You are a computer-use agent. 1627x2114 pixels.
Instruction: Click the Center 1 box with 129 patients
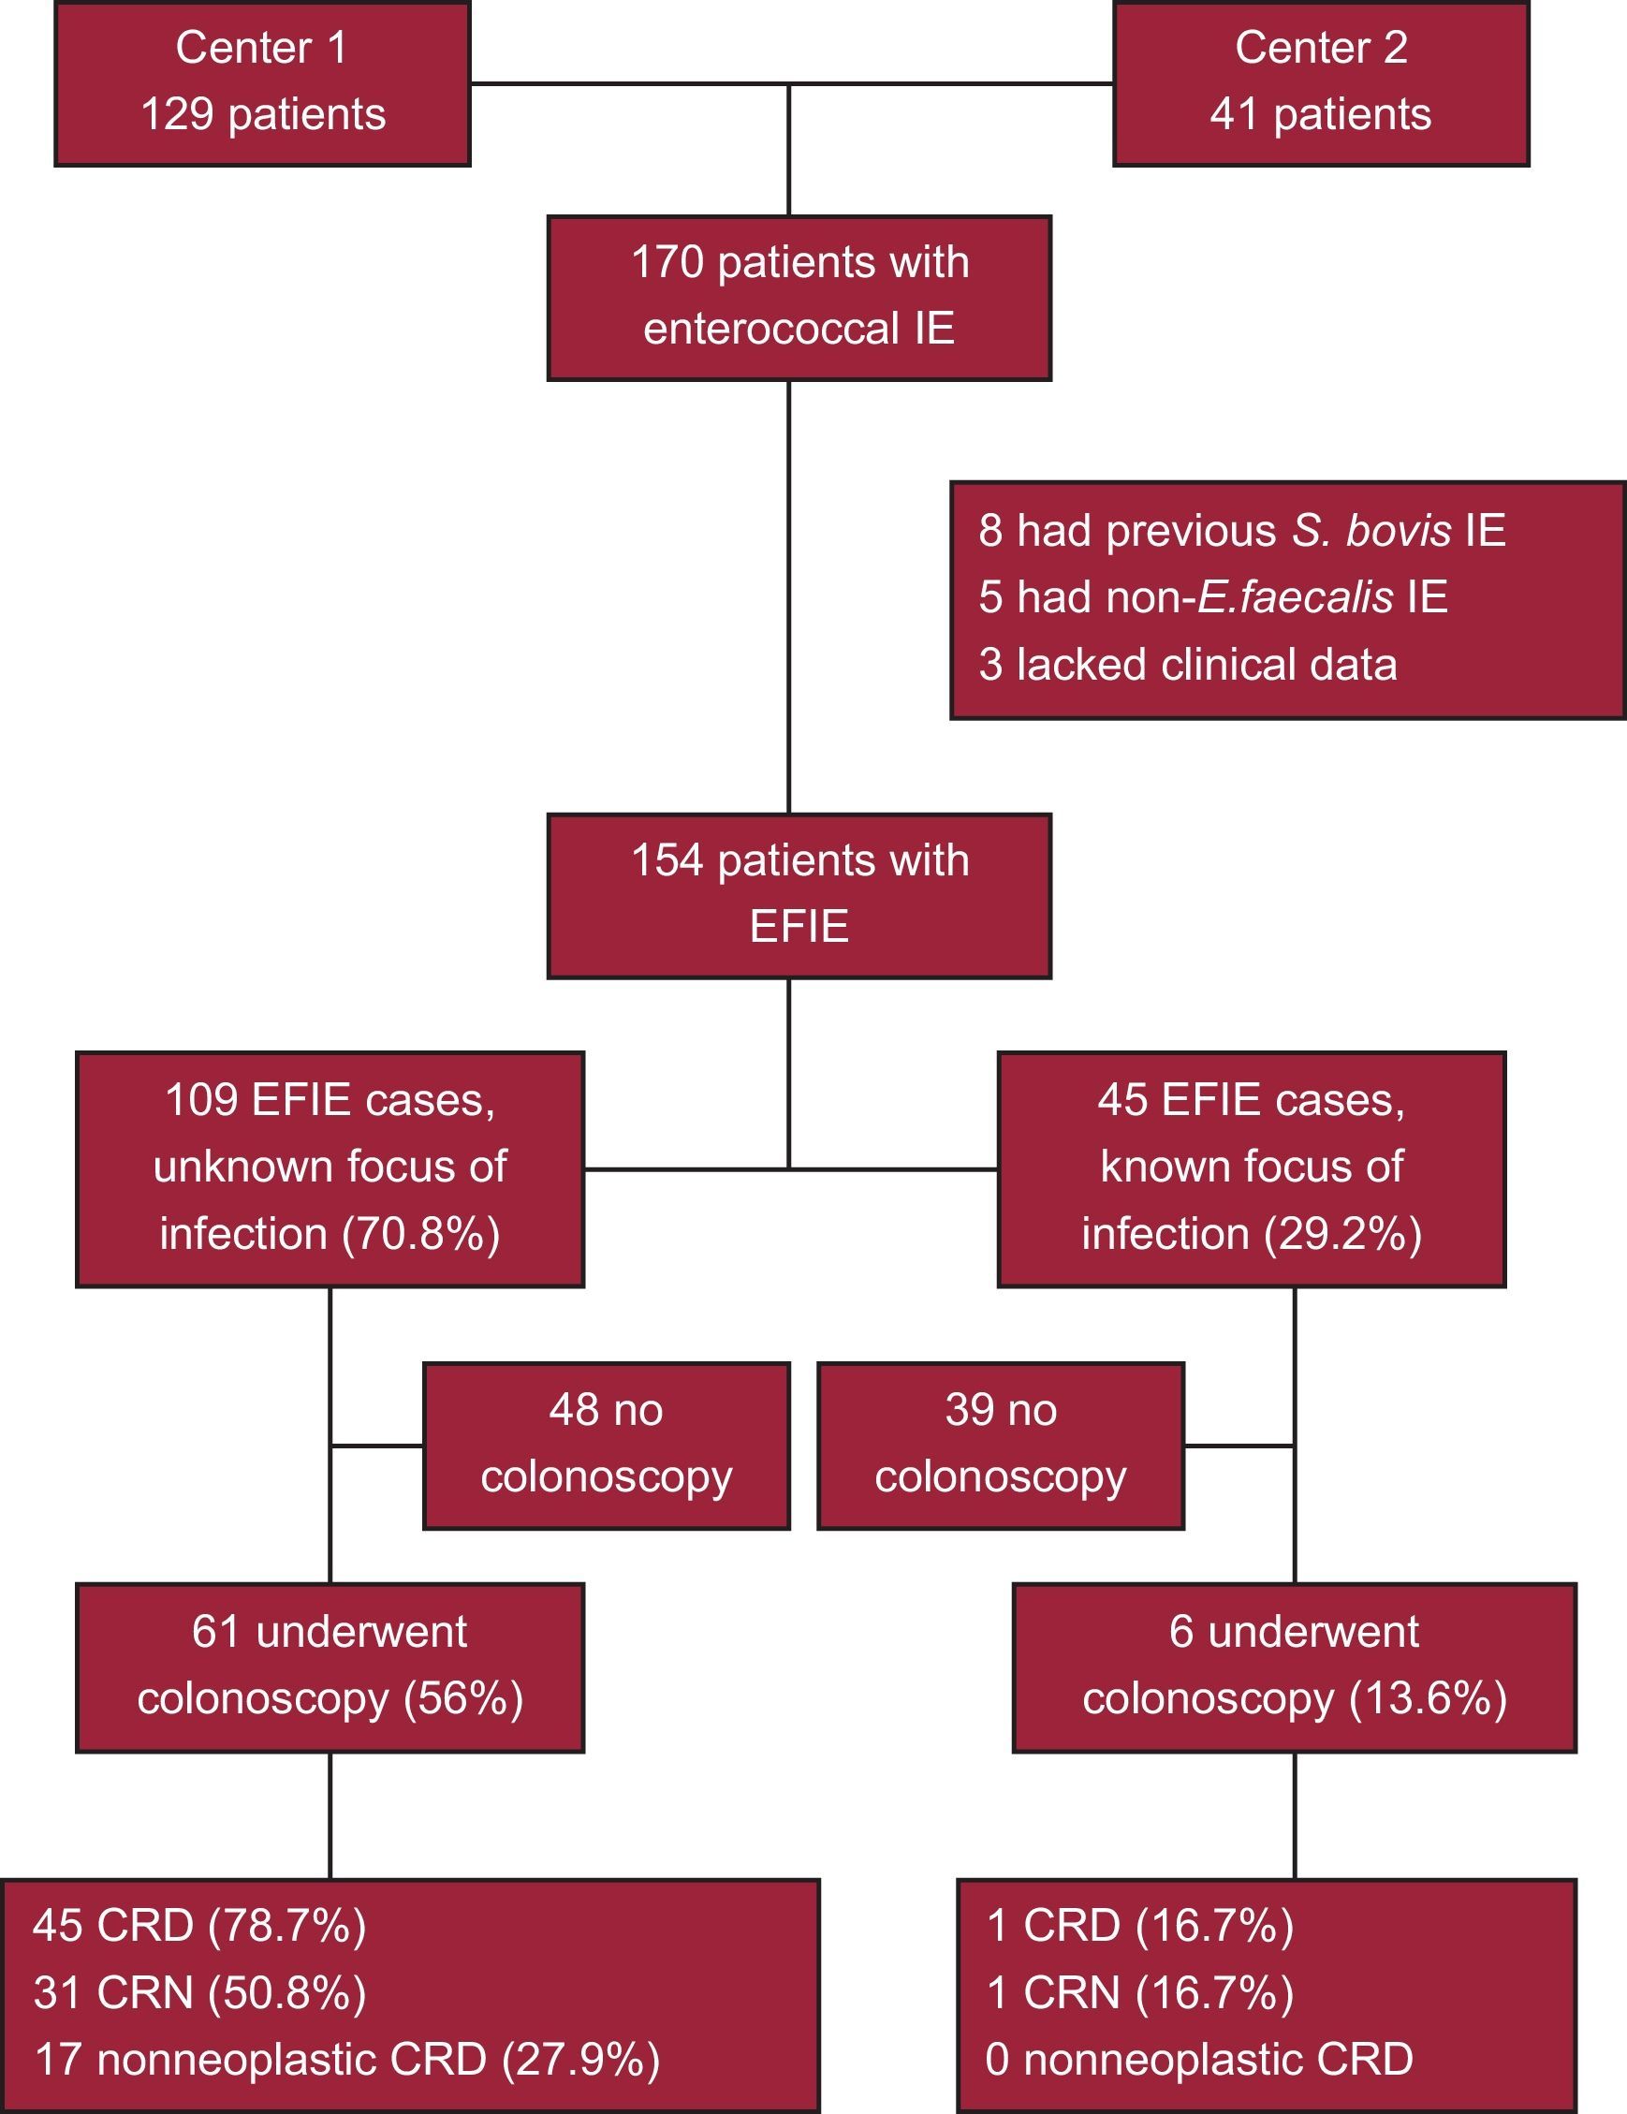pyautogui.click(x=262, y=83)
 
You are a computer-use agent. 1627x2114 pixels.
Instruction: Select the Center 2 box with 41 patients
pyautogui.click(x=1320, y=83)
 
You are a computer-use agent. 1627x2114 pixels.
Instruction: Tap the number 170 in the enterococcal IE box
pyautogui.click(x=667, y=263)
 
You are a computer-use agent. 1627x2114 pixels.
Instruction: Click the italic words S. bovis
pyautogui.click(x=1370, y=532)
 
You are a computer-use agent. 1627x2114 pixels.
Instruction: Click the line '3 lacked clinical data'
pyautogui.click(x=1188, y=665)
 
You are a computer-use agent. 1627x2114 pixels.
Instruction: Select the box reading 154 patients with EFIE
pyautogui.click(x=799, y=895)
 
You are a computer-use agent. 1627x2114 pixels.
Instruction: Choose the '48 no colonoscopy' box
pyautogui.click(x=606, y=1446)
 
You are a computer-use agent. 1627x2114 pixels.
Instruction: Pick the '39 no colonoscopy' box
pyautogui.click(x=1000, y=1446)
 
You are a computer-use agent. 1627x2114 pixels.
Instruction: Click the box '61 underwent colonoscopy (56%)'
pyautogui.click(x=330, y=1666)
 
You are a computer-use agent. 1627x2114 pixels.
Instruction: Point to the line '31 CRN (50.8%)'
pyautogui.click(x=199, y=1992)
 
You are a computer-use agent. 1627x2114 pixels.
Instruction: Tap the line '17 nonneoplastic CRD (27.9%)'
pyautogui.click(x=346, y=2059)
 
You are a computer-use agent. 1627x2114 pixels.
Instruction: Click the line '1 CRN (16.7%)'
pyautogui.click(x=1139, y=1992)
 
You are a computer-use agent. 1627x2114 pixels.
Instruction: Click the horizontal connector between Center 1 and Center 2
pyautogui.click(x=629, y=84)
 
